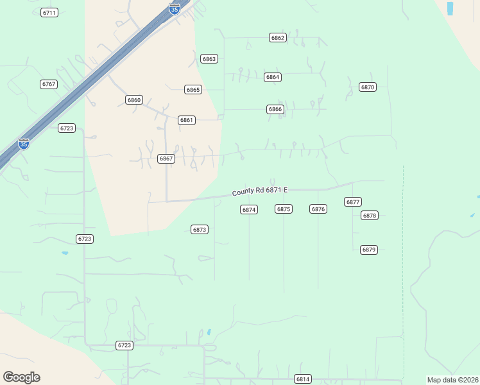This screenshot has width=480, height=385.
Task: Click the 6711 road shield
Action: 49,13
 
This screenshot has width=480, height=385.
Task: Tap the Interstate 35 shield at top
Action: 175,8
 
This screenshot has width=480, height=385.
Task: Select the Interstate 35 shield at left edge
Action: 24,144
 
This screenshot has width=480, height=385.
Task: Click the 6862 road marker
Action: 277,38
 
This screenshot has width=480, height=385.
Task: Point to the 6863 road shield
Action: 209,59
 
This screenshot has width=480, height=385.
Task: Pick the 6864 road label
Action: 273,77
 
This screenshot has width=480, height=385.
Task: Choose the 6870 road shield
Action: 368,87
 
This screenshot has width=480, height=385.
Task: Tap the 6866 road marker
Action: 275,110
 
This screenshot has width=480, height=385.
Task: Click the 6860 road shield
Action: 134,100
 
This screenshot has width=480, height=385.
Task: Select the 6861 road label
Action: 187,120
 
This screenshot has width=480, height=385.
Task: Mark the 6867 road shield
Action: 166,158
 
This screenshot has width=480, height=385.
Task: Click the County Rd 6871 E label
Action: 260,191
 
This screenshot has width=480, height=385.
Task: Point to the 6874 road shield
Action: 249,210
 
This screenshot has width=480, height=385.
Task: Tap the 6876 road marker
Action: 318,209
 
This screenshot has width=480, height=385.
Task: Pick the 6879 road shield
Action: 368,250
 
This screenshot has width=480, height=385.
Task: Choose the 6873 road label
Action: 200,229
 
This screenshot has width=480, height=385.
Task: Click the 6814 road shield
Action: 303,379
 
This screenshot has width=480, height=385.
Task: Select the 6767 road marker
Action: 49,84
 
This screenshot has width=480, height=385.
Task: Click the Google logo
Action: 21,377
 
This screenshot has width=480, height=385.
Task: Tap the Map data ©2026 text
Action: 452,380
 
